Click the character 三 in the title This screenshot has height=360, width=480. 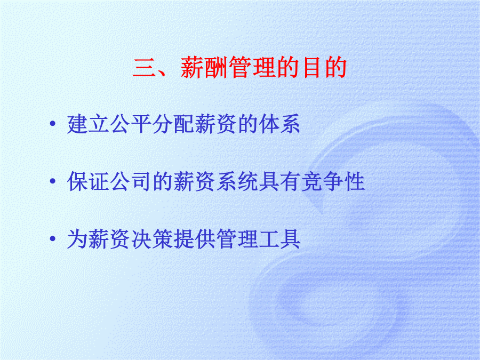click(143, 67)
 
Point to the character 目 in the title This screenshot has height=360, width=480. click(311, 67)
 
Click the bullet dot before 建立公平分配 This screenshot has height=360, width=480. click(53, 124)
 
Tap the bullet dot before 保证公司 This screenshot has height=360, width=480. click(53, 181)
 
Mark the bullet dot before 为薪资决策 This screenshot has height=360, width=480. click(53, 238)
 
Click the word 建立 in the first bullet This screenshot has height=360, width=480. click(88, 124)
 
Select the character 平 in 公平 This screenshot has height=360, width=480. click(141, 124)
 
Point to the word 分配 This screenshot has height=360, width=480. click(173, 124)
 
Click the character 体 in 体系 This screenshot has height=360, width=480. click(268, 124)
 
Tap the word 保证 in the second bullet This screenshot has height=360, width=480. click(88, 181)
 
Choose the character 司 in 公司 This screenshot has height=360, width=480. click(141, 181)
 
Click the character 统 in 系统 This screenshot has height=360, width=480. click(247, 181)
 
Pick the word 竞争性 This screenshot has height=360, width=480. click(333, 181)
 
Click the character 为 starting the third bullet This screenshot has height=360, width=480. click(77, 239)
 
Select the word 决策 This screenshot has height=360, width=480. click(152, 239)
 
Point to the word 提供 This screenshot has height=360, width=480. click(194, 239)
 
